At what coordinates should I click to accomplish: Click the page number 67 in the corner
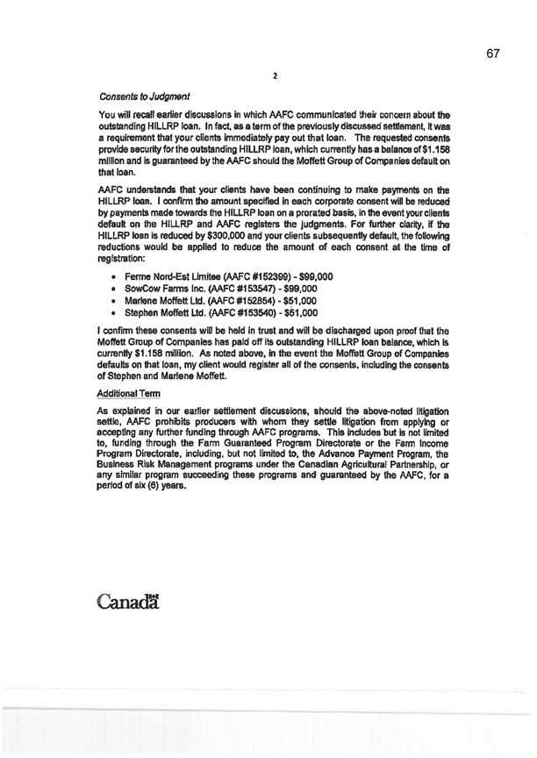click(x=490, y=54)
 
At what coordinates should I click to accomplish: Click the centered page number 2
click(x=275, y=77)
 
